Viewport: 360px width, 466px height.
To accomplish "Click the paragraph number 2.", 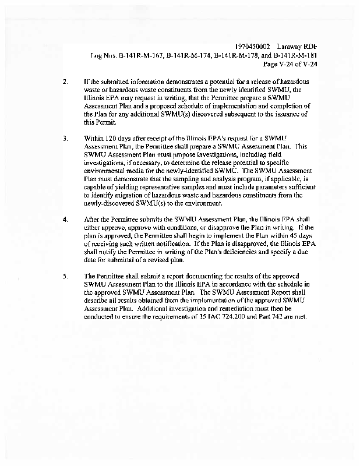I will click(65, 81).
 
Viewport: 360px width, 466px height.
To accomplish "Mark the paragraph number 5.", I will click(65, 276).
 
